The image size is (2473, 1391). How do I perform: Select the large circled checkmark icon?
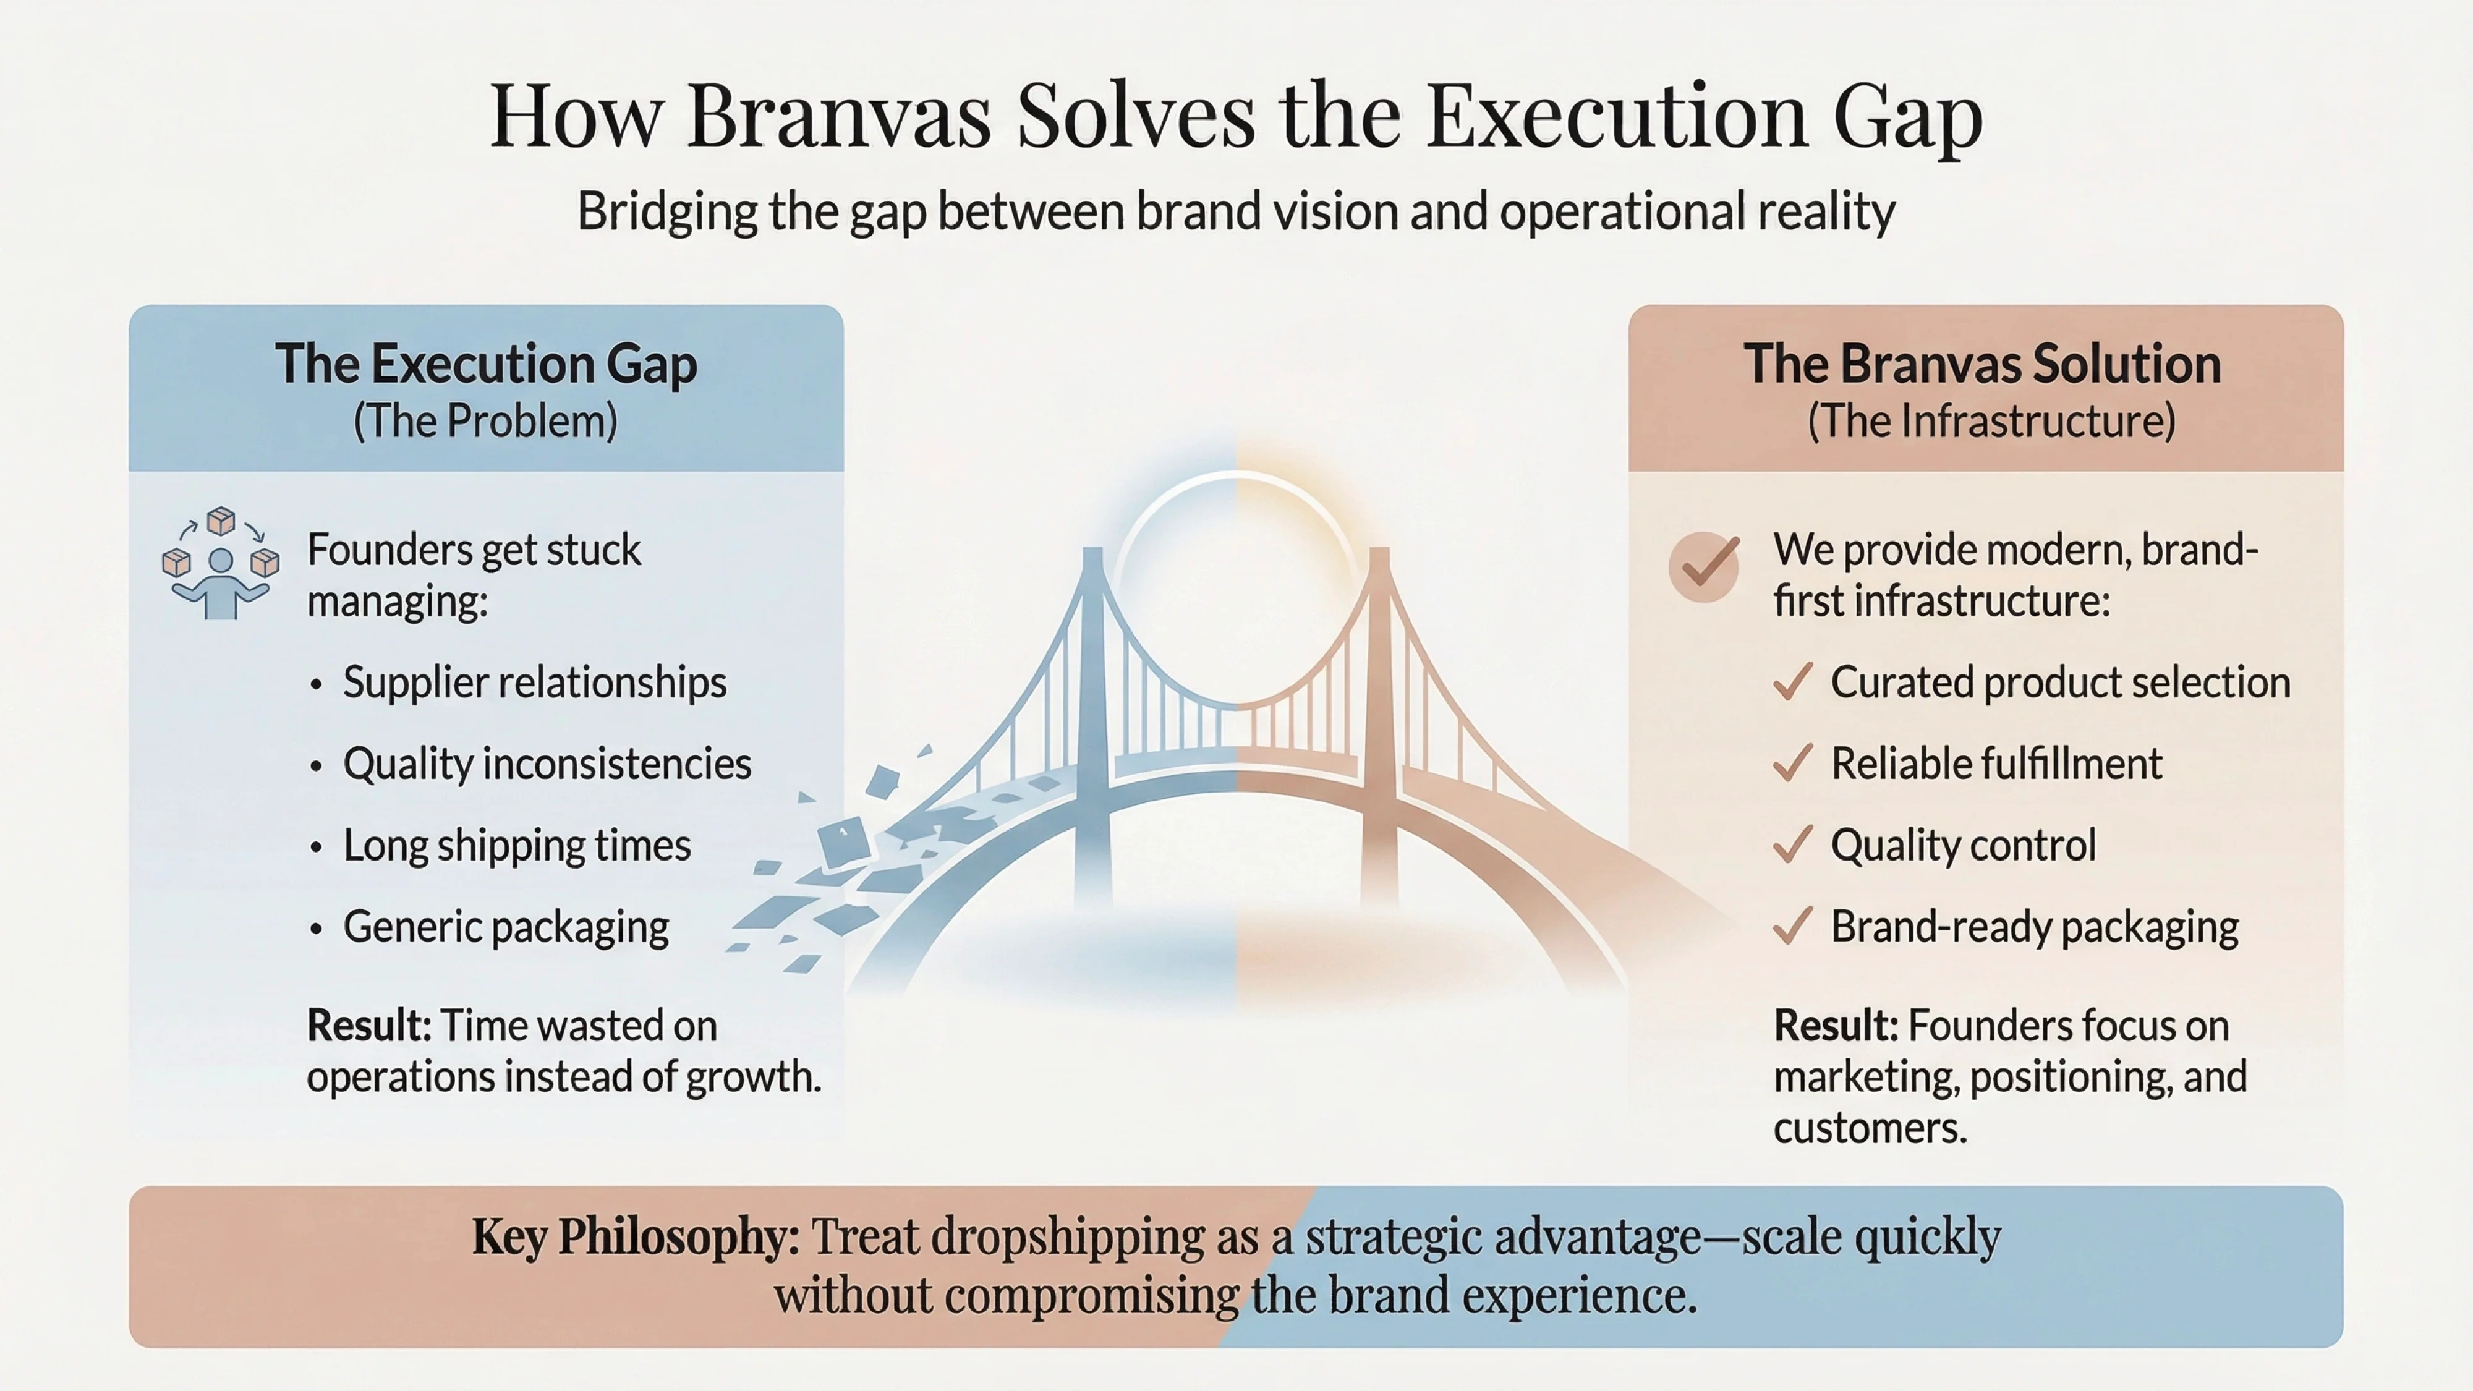[1704, 566]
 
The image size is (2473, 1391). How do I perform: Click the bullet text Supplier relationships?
[535, 683]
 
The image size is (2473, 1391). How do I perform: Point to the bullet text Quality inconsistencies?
[547, 764]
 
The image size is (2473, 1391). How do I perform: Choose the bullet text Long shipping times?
[516, 846]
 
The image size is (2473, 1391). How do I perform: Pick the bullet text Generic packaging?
[506, 927]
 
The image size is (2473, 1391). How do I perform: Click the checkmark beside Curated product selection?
[1792, 683]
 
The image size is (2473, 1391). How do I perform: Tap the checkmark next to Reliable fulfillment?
[1792, 764]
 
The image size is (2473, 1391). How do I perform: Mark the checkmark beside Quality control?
[1792, 846]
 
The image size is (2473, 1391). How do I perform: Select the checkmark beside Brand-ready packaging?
[1792, 927]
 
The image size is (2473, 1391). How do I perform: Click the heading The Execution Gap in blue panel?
[486, 365]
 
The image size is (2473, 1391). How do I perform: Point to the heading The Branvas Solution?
[1983, 365]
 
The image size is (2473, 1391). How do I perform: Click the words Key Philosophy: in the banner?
[636, 1238]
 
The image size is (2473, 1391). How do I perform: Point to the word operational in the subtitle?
[1622, 211]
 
